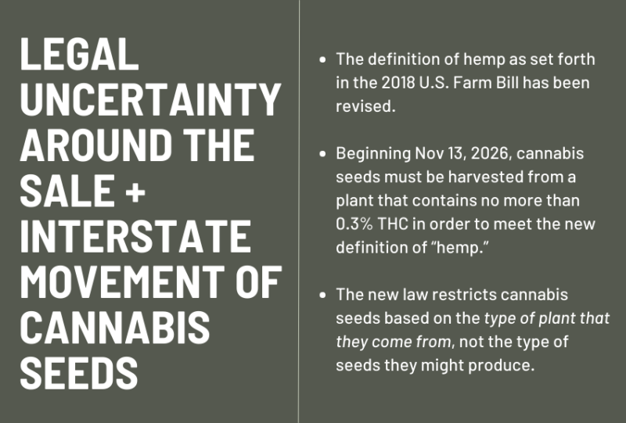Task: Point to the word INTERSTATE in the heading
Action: (135, 237)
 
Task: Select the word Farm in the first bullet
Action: (500, 82)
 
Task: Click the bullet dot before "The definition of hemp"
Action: (323, 59)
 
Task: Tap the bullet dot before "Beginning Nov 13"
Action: (323, 155)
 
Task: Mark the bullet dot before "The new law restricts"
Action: (323, 296)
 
